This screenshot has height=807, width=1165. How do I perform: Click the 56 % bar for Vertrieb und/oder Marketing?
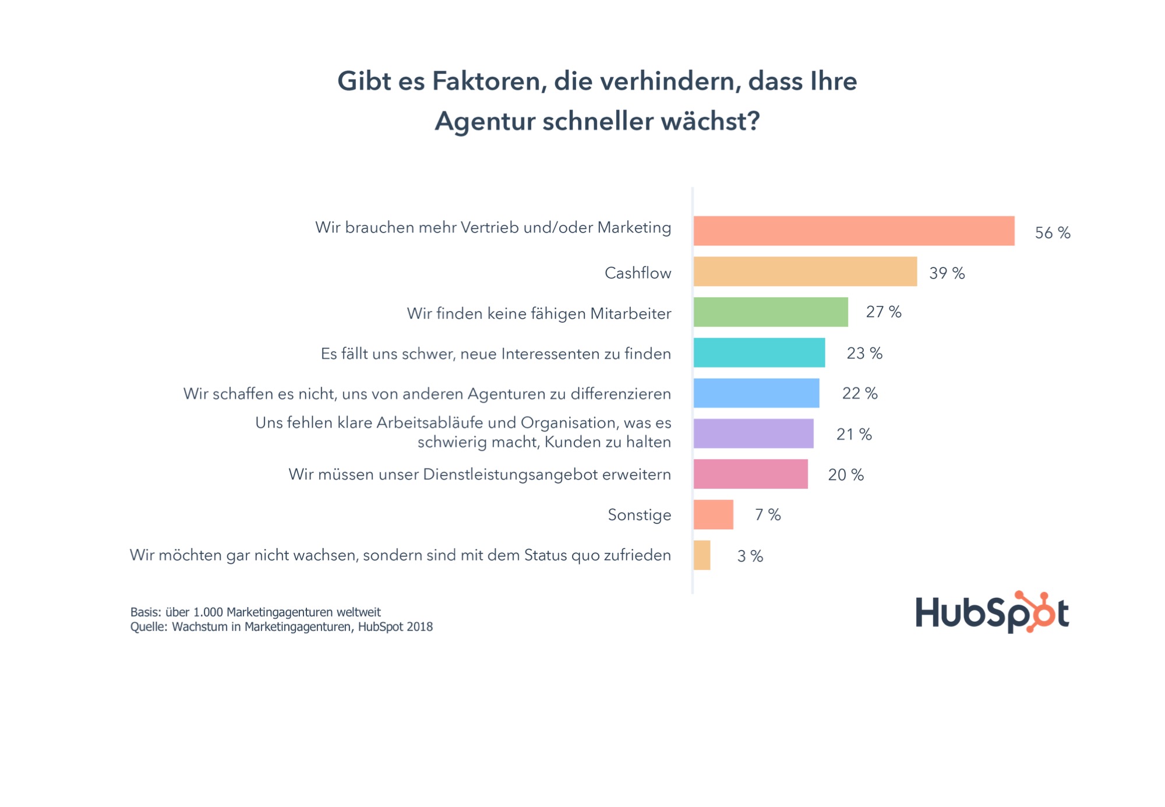pyautogui.click(x=853, y=231)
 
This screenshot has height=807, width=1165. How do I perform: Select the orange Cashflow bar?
pyautogui.click(x=805, y=272)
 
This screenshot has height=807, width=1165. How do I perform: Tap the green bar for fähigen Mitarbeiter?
pyautogui.click(x=771, y=312)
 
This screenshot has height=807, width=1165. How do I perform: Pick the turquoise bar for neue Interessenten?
pyautogui.click(x=759, y=353)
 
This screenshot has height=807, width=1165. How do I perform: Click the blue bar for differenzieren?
pyautogui.click(x=756, y=393)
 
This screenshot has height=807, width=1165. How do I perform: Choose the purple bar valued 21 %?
pyautogui.click(x=753, y=434)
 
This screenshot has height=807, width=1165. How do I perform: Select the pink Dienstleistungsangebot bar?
pyautogui.click(x=750, y=474)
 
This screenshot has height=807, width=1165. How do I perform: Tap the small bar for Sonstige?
pyautogui.click(x=713, y=514)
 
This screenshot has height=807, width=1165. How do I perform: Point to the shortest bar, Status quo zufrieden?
pyautogui.click(x=702, y=555)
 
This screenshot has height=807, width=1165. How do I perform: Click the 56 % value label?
pyautogui.click(x=1052, y=233)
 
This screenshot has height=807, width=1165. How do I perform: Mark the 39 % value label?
pyautogui.click(x=947, y=273)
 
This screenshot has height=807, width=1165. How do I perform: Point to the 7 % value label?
pyautogui.click(x=767, y=514)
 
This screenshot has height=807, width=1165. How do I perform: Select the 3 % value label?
pyautogui.click(x=750, y=556)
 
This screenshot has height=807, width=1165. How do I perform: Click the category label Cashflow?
pyautogui.click(x=637, y=273)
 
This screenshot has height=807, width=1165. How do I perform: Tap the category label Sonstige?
pyautogui.click(x=639, y=514)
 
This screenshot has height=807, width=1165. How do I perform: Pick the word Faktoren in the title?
pyautogui.click(x=489, y=81)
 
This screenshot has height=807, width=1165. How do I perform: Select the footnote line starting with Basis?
pyautogui.click(x=255, y=612)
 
